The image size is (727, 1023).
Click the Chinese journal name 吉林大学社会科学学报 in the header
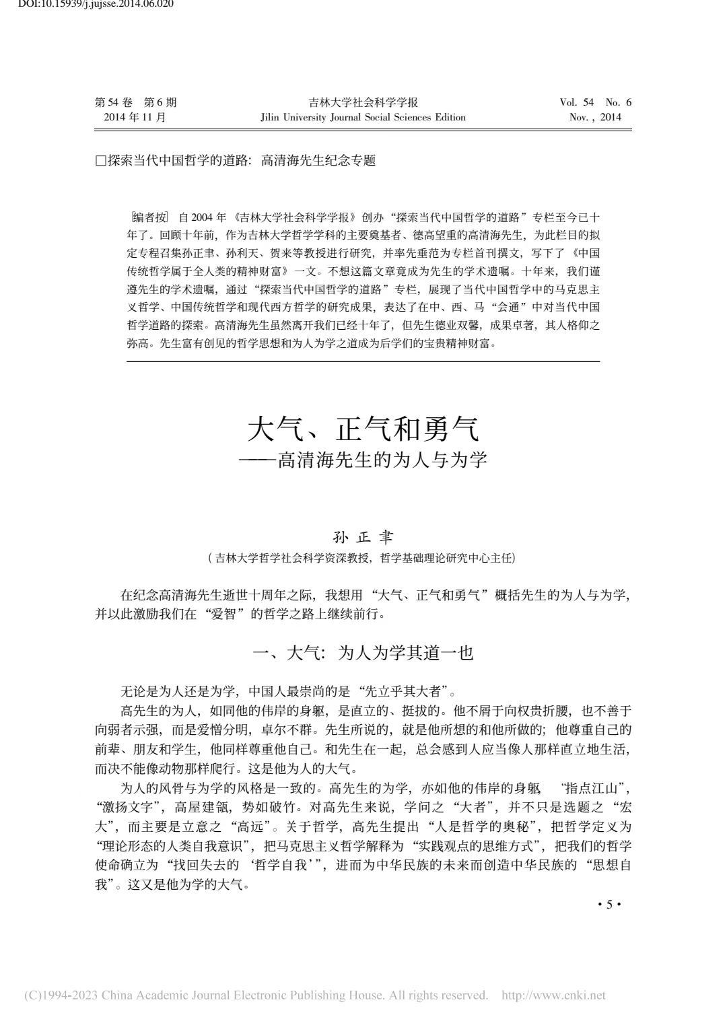click(x=363, y=102)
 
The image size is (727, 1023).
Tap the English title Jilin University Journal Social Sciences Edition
click(x=363, y=117)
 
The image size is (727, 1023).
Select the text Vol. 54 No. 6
click(x=595, y=102)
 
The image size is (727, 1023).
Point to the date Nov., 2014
click(x=595, y=117)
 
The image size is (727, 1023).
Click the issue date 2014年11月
click(x=135, y=117)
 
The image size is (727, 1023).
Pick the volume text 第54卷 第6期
click(x=136, y=102)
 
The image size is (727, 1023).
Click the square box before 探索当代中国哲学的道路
click(x=101, y=161)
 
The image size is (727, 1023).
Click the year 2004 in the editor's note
click(x=202, y=217)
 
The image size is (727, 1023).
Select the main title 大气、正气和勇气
click(x=363, y=429)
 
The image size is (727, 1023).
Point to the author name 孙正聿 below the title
click(x=363, y=538)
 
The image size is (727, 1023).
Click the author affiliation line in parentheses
click(x=363, y=558)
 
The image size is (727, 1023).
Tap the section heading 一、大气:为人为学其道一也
click(x=363, y=652)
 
